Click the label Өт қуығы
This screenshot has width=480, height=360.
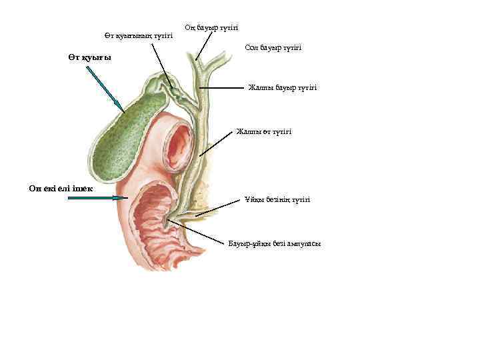pyautogui.click(x=89, y=58)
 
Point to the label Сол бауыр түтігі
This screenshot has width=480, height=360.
pyautogui.click(x=273, y=48)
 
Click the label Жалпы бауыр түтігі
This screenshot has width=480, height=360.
pyautogui.click(x=283, y=87)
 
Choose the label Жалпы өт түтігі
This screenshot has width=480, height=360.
pyautogui.click(x=264, y=132)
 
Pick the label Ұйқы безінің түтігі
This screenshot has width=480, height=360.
pyautogui.click(x=277, y=200)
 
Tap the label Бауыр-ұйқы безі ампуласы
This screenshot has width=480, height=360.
pyautogui.click(x=275, y=243)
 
